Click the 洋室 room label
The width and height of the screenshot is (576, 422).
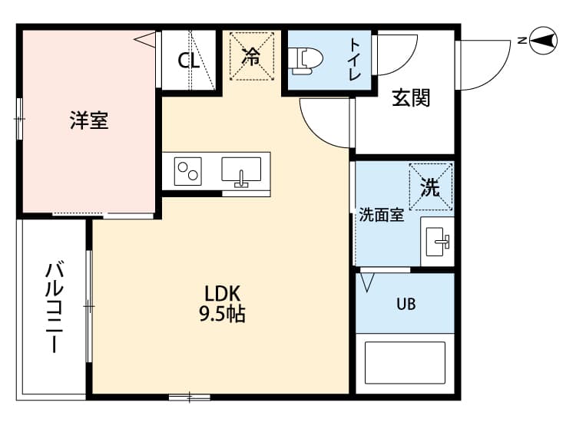89,120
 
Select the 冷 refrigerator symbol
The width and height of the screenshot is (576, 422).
251,55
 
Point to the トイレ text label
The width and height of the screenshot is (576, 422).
355,60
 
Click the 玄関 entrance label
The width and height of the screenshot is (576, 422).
411,97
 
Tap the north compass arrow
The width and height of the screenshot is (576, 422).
543,39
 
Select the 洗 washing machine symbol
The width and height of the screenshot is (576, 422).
430,187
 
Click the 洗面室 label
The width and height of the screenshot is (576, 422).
382,215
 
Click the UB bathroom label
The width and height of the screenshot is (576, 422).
406,304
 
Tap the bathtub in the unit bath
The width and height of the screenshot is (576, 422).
405,364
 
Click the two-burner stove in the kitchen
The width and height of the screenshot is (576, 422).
189,170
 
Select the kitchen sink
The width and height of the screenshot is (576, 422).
242,170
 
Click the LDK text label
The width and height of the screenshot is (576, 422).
223,292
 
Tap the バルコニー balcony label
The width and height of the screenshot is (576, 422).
55,307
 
